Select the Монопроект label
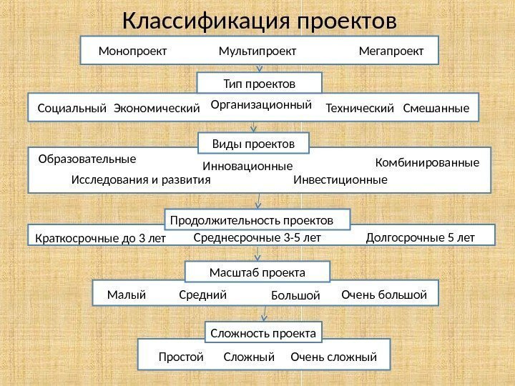tap(132, 51)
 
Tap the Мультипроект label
tap(257, 51)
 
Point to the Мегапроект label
tap(391, 51)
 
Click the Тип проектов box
tap(259, 83)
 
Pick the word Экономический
tap(157, 109)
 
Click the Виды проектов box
tap(254, 144)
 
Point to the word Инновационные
tap(248, 166)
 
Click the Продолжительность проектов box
tap(258, 218)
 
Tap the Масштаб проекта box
tap(257, 272)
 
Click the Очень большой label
tap(384, 295)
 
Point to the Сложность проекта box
tap(264, 333)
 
